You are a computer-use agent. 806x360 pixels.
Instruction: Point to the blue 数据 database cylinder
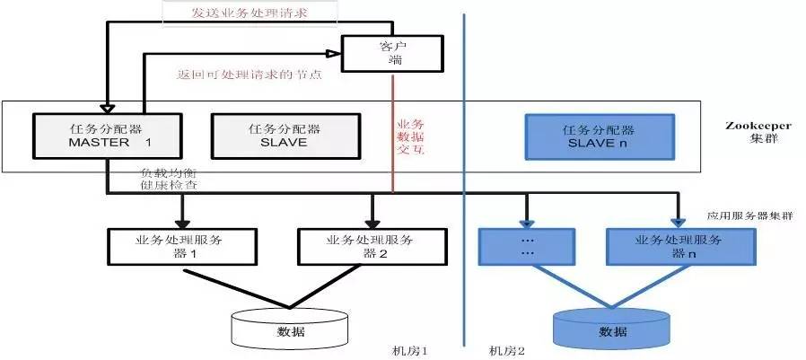(x=612, y=329)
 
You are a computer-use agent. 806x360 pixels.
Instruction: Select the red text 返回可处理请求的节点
(x=249, y=75)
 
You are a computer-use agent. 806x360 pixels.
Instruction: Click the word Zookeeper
(x=754, y=127)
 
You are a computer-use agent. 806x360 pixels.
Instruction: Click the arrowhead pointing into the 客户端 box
(x=334, y=53)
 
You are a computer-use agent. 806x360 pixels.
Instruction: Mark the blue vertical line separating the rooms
(x=465, y=180)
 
